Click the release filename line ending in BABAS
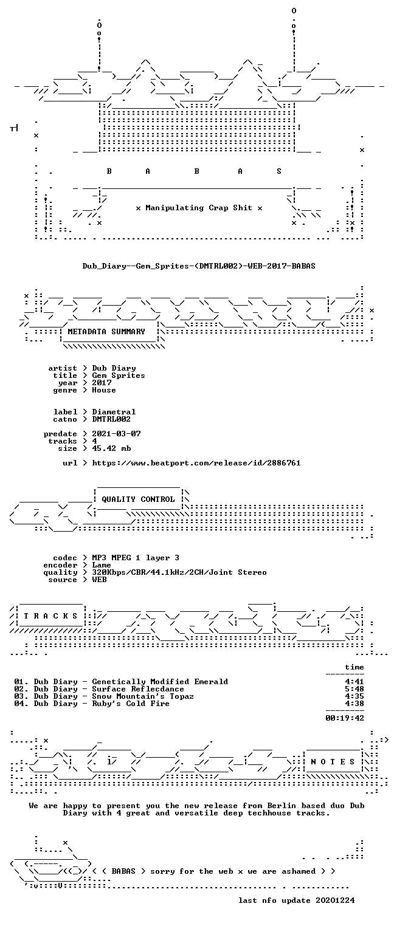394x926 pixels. click(199, 266)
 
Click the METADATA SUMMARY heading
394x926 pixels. click(106, 332)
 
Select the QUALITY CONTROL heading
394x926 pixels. click(138, 499)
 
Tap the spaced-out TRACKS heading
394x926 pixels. click(50, 616)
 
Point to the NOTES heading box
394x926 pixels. click(333, 762)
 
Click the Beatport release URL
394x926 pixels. click(196, 463)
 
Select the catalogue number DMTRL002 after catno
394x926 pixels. click(111, 419)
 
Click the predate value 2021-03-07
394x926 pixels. click(116, 434)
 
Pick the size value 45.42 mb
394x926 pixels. click(111, 448)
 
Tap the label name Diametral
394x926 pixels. click(114, 412)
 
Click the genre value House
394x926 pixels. click(104, 390)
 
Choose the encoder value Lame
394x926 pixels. click(102, 565)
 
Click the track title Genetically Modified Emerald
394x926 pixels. click(160, 682)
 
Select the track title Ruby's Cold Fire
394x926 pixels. click(131, 704)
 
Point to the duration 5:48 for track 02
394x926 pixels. click(354, 689)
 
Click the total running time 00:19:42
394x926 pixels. click(345, 718)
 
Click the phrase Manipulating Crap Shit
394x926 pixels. click(199, 208)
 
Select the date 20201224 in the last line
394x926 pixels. click(335, 900)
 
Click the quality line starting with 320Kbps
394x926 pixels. click(179, 572)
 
